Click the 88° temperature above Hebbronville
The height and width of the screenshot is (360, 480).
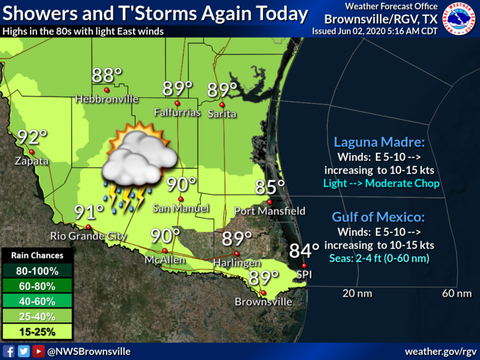click(x=107, y=75)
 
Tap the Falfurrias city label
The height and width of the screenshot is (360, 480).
click(x=177, y=112)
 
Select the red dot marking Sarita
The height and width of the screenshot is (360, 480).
click(x=222, y=105)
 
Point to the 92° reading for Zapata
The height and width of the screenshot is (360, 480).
click(x=32, y=138)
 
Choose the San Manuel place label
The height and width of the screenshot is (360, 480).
click(x=181, y=208)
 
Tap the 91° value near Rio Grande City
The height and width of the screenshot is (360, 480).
click(x=89, y=212)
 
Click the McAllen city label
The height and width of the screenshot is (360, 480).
click(x=165, y=260)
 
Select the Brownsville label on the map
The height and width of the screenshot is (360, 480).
click(x=264, y=302)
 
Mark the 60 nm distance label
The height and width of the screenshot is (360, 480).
click(x=457, y=293)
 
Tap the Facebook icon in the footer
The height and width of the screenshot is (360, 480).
click(x=9, y=351)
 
